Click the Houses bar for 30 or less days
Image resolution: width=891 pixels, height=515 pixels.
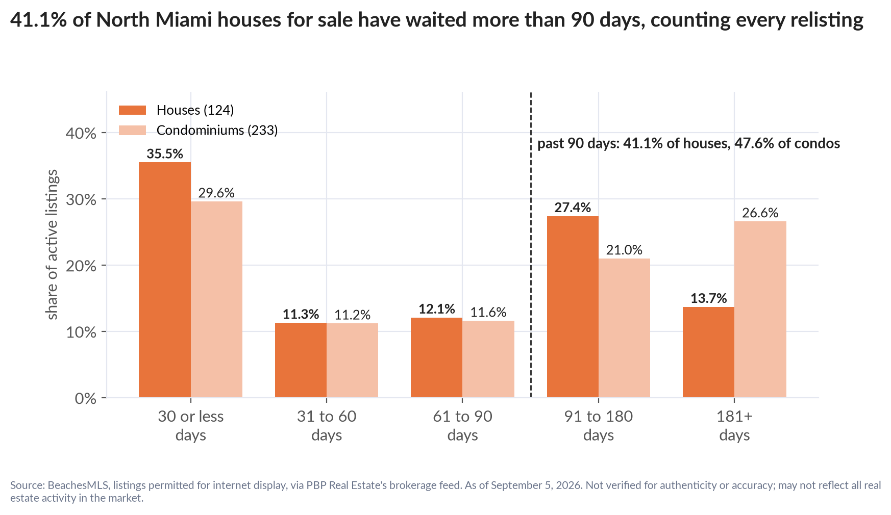coord(165,280)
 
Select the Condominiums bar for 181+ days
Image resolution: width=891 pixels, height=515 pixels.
coord(760,310)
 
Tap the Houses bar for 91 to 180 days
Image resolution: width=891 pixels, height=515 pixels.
coord(573,307)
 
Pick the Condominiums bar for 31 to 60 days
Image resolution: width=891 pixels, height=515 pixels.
coord(352,360)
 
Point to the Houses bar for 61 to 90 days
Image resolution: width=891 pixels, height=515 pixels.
coord(436,357)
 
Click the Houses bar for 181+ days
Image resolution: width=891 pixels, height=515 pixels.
coord(708,352)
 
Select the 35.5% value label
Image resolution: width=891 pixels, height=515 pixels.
coord(165,154)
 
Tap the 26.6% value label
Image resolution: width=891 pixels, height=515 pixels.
coord(760,213)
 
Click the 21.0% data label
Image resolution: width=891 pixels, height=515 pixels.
coord(624,250)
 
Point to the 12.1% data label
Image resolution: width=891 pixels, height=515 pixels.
coord(437,309)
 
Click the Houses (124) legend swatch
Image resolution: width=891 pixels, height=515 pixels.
coord(132,110)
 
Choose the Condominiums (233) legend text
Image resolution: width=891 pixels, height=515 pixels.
coord(217,130)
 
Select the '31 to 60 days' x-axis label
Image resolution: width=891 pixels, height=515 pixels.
coord(327,425)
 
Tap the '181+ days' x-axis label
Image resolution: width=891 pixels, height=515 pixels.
coord(734,425)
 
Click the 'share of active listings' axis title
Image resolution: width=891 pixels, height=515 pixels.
coord(52,245)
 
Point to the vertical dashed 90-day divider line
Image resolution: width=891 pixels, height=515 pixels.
coord(531,245)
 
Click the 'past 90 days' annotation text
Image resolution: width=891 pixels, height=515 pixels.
coord(688,143)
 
